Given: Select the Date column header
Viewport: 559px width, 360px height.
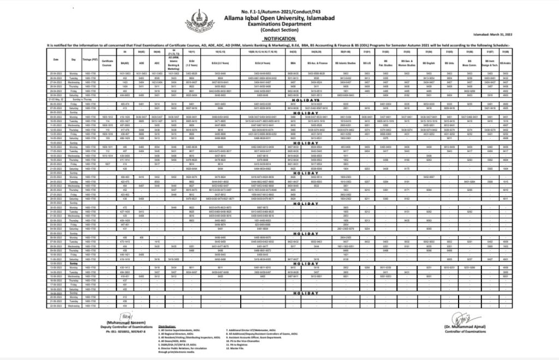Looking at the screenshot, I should [x=56, y=59].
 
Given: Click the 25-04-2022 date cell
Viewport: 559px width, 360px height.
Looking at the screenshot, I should [x=56, y=73].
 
